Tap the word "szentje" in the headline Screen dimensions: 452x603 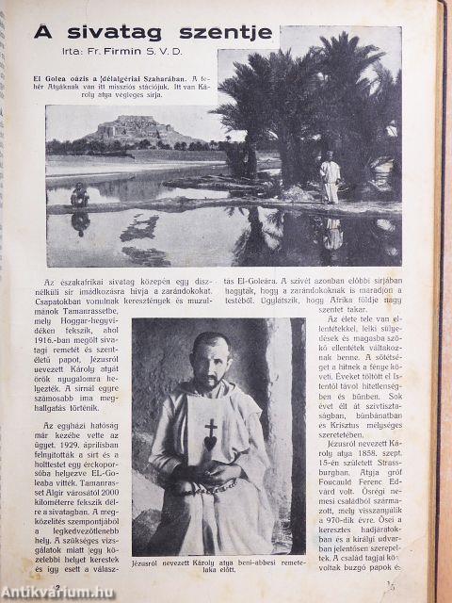coord(226,33)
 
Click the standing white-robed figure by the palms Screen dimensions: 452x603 coord(331,179)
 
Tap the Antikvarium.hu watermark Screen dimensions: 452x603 coord(62,590)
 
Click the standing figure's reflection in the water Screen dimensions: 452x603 coord(331,232)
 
